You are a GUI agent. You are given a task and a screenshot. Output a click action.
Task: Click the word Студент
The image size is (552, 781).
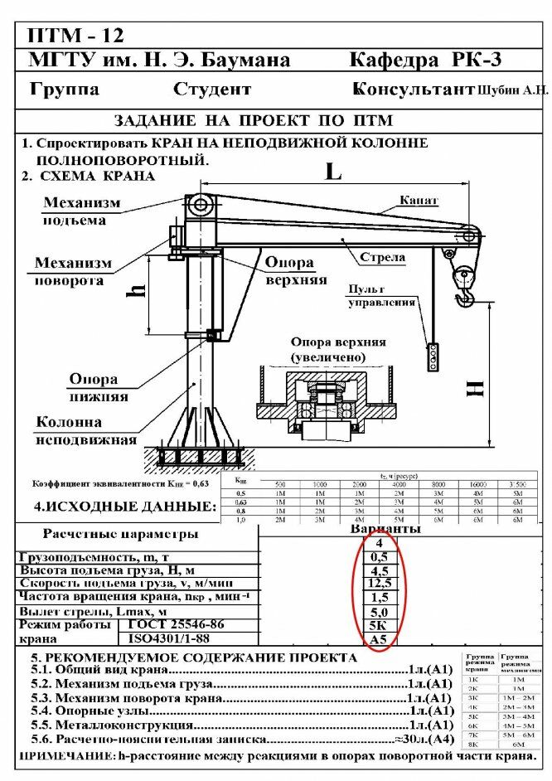click(x=212, y=89)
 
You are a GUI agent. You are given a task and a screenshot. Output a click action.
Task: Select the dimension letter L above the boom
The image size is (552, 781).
click(x=332, y=172)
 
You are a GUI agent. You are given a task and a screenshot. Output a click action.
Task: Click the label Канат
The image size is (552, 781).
click(x=419, y=201)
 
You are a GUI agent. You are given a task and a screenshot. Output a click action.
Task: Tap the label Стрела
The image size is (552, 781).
click(x=382, y=258)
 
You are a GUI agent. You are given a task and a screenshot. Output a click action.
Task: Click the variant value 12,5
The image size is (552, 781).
click(x=380, y=583)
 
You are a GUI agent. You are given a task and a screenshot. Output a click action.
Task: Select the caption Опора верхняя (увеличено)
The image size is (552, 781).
click(x=338, y=349)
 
